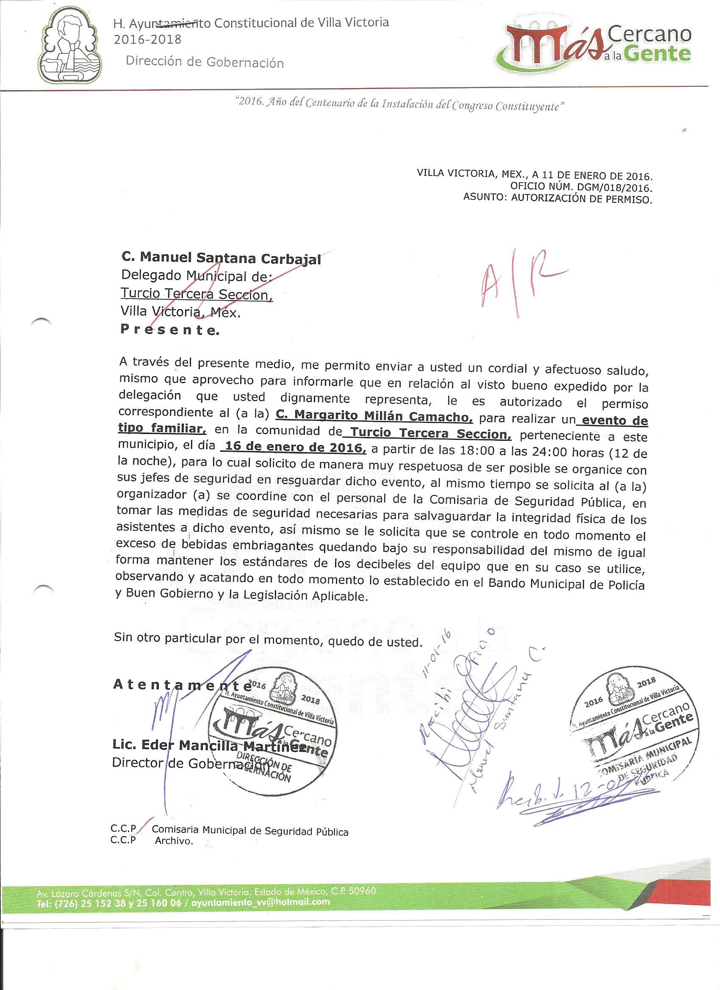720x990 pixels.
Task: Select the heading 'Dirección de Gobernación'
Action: point(205,62)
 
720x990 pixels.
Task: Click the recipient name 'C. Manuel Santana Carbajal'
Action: point(221,258)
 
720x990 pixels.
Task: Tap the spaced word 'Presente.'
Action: point(170,330)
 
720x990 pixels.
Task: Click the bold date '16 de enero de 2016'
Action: point(294,448)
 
